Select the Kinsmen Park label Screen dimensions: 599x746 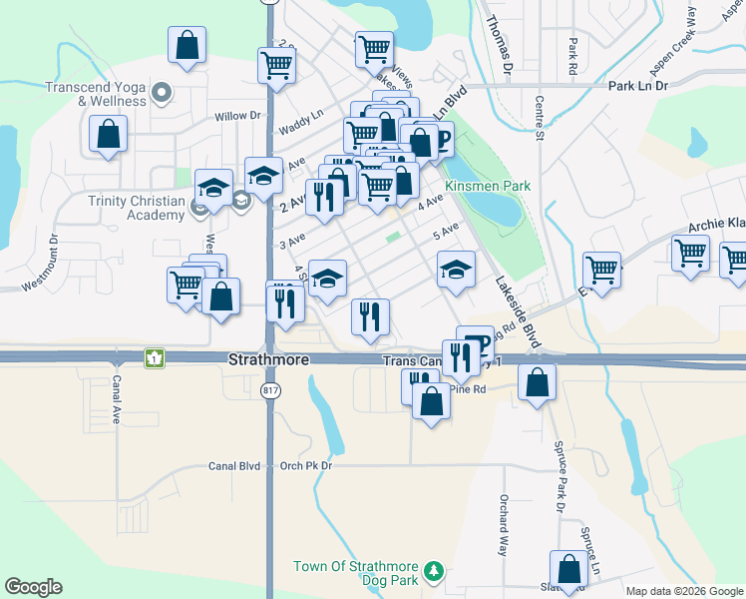pos(488,187)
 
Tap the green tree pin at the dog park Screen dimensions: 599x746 pos(433,572)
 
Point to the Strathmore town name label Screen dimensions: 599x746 pos(269,359)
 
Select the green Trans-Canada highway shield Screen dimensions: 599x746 pos(154,356)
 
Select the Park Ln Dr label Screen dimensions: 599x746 pos(637,86)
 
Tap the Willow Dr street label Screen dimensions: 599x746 pos(237,116)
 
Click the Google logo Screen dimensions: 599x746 pos(33,587)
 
